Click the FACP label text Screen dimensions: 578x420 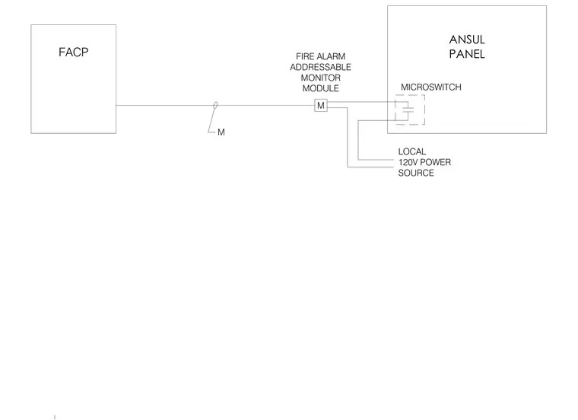tap(73, 52)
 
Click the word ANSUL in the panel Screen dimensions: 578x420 tap(467, 40)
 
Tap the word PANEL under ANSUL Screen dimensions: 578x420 tap(467, 54)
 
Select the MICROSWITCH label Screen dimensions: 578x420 tap(431, 87)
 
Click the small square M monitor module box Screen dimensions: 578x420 tap(321, 106)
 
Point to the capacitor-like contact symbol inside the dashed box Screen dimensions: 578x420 tap(408, 110)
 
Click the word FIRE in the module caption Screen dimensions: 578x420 tap(303, 56)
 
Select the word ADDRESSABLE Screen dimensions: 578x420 tap(320, 67)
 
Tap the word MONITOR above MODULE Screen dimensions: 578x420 tap(320, 78)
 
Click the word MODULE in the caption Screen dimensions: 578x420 tap(320, 88)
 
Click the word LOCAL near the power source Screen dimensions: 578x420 tap(411, 151)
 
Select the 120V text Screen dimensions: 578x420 tap(408, 162)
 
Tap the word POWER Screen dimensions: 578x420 tap(435, 162)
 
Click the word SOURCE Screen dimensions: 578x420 tap(416, 173)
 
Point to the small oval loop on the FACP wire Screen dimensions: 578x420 tap(215, 106)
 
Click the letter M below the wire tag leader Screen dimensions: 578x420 tap(221, 132)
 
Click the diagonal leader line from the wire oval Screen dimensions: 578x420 tap(212, 119)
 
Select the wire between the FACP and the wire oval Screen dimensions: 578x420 tap(165, 106)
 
